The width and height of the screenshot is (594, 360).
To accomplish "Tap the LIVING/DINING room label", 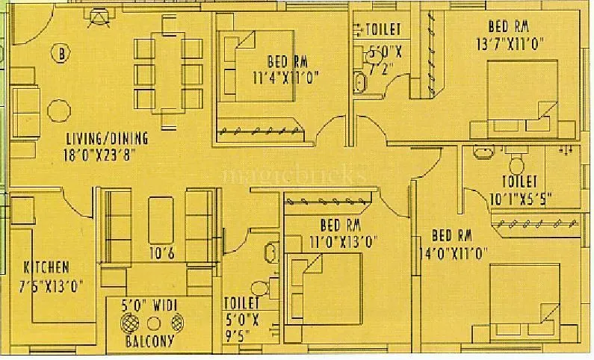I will point(107,138).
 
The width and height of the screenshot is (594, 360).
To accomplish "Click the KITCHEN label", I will point(46,267).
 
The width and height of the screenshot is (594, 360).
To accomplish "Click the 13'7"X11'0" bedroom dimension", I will point(508,43).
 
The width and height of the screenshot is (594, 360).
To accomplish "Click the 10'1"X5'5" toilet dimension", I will point(519,199).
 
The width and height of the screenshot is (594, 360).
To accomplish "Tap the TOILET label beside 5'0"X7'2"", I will point(384,29).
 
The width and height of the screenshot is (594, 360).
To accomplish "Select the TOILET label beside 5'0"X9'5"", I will point(241,303).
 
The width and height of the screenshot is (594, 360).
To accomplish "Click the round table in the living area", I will point(59,109).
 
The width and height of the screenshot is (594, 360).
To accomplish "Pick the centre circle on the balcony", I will point(155,323).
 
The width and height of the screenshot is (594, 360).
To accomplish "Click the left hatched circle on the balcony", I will point(130,323).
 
